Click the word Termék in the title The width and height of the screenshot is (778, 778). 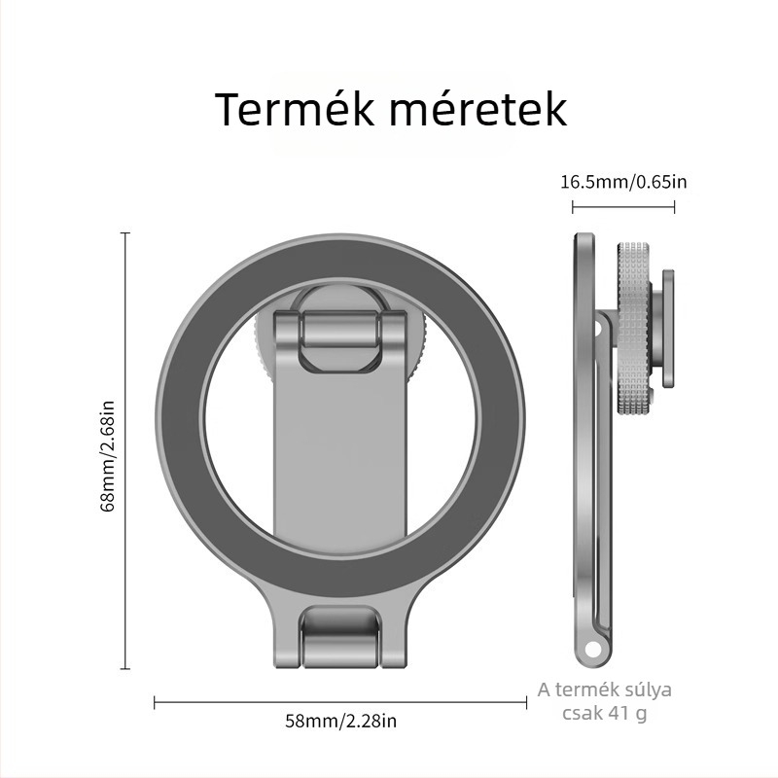click(x=296, y=108)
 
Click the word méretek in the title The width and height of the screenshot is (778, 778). click(x=477, y=108)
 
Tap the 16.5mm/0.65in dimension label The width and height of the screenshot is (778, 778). click(x=623, y=182)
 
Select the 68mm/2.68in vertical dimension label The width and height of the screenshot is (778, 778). click(x=108, y=456)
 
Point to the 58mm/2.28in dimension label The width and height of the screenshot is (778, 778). click(x=341, y=721)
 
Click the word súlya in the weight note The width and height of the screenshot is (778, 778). click(x=649, y=690)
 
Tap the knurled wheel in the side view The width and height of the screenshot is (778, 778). click(x=634, y=328)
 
